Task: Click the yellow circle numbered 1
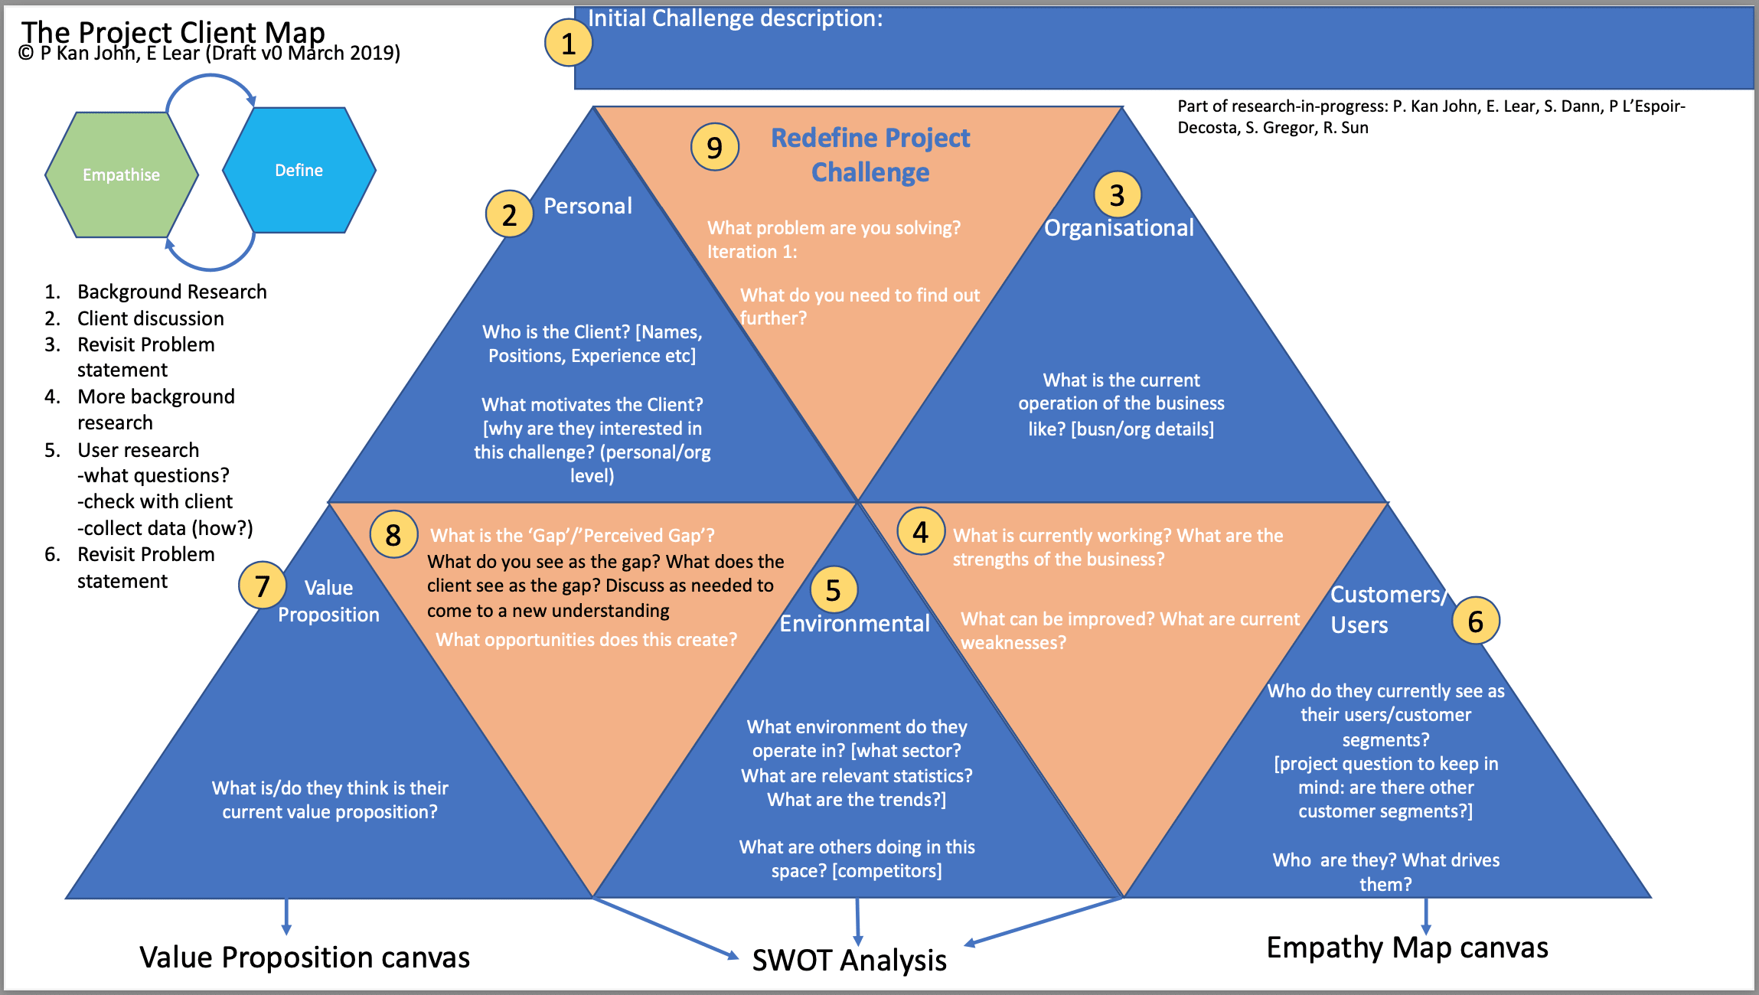point(568,43)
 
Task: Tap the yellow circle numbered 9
point(714,147)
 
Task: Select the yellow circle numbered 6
point(1475,621)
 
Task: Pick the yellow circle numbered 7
point(262,586)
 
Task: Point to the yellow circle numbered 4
point(920,531)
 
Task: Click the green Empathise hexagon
point(122,175)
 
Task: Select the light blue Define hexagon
point(299,170)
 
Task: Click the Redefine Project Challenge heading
point(870,155)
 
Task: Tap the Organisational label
point(1118,228)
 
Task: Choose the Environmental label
point(854,624)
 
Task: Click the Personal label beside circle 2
point(588,206)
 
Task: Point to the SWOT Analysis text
point(849,960)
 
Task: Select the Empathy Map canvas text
point(1407,948)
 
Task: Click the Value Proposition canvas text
point(305,957)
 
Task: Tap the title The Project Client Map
point(173,31)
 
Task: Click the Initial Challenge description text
point(735,18)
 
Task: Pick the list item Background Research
point(171,292)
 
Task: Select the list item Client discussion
point(150,318)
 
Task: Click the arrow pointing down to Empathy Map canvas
point(1425,915)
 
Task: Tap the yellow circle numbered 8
point(393,534)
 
